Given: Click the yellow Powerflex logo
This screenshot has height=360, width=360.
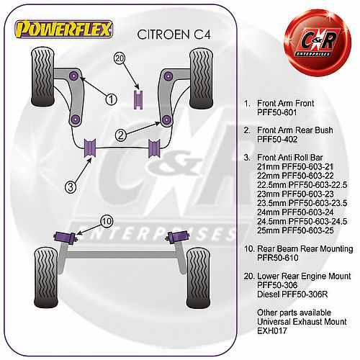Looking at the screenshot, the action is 64,30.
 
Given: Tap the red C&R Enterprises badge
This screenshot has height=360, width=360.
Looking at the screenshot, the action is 318,42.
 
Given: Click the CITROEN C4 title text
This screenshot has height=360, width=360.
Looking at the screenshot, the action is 174,35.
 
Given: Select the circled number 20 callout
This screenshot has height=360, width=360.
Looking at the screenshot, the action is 120,58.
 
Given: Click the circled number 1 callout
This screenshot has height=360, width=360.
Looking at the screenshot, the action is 111,99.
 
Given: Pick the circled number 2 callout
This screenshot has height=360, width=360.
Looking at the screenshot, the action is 121,135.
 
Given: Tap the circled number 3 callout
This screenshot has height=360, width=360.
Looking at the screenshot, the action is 71,186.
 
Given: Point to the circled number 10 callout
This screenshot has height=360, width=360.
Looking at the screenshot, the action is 107,221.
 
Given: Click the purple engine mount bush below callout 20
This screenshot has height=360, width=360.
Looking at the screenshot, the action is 138,100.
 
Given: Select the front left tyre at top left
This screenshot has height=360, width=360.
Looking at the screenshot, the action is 42,77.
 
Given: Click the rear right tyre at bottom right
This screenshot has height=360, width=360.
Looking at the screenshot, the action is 198,278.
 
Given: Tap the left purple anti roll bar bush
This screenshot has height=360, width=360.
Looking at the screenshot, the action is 90,148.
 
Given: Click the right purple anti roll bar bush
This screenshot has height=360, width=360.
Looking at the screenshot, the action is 154,148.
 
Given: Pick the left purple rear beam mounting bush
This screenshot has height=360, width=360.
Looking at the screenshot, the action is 65,237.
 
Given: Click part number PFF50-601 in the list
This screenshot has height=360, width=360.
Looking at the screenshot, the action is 276,112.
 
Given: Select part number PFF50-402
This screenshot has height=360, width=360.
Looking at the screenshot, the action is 277,139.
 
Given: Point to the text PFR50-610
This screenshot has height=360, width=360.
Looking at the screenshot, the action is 278,258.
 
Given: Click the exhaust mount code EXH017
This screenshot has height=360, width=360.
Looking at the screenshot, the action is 272,330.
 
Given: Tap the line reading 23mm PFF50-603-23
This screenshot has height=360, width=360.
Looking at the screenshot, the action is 295,194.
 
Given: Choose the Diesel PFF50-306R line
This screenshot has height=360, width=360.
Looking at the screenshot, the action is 292,294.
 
